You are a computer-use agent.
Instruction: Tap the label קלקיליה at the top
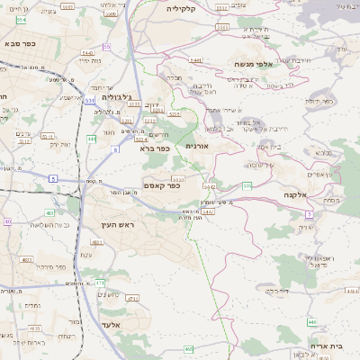point(186,7)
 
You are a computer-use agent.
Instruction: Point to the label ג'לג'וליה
point(118,96)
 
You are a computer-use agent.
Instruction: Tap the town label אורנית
point(197,145)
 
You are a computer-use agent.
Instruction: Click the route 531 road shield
point(90,101)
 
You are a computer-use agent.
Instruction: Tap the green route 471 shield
point(100,283)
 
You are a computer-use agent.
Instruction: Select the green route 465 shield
point(188,348)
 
